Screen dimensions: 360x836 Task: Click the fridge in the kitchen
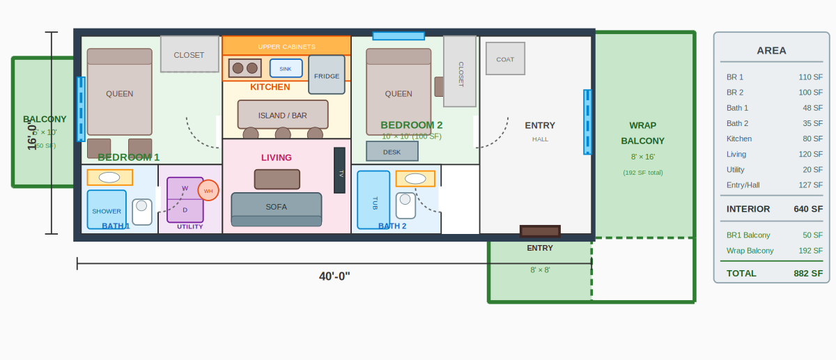tap(327, 75)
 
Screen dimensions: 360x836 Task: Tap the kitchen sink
tap(286, 68)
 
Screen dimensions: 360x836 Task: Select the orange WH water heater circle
tap(208, 190)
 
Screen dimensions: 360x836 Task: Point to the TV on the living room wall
tap(339, 171)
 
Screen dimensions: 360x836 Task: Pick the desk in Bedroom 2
tap(392, 151)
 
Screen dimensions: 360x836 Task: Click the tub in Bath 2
tap(373, 200)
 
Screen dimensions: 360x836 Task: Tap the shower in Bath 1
tap(107, 209)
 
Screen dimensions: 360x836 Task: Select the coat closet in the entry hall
tap(505, 58)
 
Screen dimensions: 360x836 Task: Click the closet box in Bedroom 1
tap(189, 54)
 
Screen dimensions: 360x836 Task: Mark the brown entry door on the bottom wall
tap(540, 231)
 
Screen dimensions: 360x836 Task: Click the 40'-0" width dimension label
tap(334, 276)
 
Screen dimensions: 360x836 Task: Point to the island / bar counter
tap(283, 115)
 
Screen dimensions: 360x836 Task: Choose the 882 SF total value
tap(808, 273)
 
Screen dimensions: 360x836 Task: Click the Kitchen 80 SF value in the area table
tap(812, 139)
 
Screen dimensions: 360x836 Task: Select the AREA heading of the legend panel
tap(771, 50)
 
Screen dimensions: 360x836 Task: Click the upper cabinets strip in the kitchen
tap(286, 46)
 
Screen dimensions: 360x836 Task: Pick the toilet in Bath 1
tap(142, 212)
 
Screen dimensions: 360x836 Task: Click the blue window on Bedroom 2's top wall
tap(398, 36)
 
